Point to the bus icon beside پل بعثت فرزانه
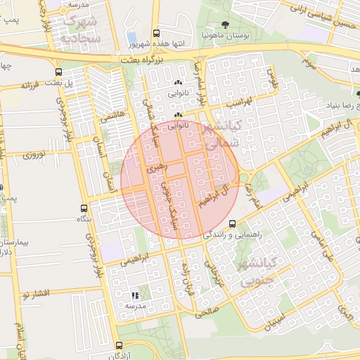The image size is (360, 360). pyautogui.click(x=58, y=71)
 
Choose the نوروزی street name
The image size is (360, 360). pyautogui.click(x=33, y=153)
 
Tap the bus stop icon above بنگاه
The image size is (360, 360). pyautogui.click(x=84, y=208)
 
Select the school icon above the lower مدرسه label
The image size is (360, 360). pyautogui.click(x=135, y=296)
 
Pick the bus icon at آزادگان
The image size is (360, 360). pyautogui.click(x=118, y=345)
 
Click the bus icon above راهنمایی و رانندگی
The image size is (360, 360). pyautogui.click(x=233, y=224)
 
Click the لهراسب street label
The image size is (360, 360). pyautogui.click(x=240, y=103)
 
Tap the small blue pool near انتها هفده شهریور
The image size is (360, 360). pyautogui.click(x=131, y=37)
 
